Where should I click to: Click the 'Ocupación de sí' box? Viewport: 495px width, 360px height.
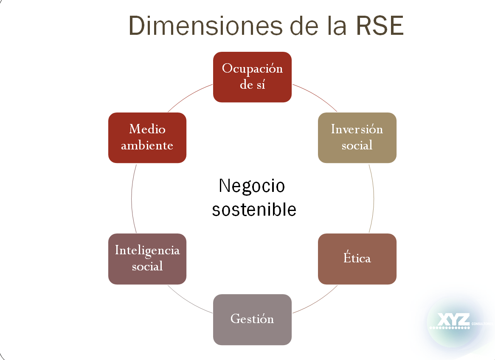252,77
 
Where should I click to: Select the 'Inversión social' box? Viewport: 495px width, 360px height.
357,138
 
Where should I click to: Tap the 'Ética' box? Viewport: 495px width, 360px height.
357,259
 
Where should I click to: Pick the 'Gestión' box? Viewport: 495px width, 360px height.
252,319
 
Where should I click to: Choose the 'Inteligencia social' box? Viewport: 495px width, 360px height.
147,259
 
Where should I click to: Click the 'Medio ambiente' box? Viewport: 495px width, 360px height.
147,138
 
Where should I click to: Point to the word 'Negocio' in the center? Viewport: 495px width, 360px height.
252,186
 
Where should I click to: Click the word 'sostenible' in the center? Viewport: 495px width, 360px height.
254,210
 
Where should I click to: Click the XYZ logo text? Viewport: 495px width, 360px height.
453,320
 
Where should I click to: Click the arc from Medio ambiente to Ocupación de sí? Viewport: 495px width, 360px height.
189,95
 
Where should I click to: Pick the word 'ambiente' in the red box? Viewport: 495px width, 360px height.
147,146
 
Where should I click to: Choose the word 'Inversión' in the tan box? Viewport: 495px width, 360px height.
357,129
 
